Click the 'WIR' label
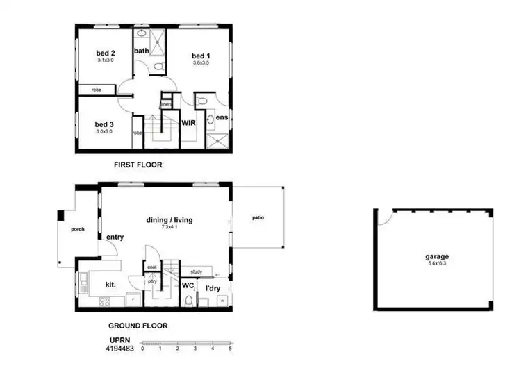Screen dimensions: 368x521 pyautogui.click(x=188, y=122)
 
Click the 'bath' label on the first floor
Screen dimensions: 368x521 pyautogui.click(x=141, y=51)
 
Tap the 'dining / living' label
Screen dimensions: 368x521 pyautogui.click(x=169, y=220)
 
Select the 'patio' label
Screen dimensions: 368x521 pyautogui.click(x=258, y=217)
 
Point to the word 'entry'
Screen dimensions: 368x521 pyautogui.click(x=115, y=237)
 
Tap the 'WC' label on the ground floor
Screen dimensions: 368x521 pyautogui.click(x=188, y=285)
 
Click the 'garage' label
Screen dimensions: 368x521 pyautogui.click(x=437, y=256)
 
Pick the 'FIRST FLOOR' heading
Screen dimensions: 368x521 pyautogui.click(x=138, y=165)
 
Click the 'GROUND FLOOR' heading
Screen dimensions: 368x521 pyautogui.click(x=138, y=325)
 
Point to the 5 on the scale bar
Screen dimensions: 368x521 pyautogui.click(x=229, y=349)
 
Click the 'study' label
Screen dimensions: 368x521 pyautogui.click(x=196, y=271)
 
